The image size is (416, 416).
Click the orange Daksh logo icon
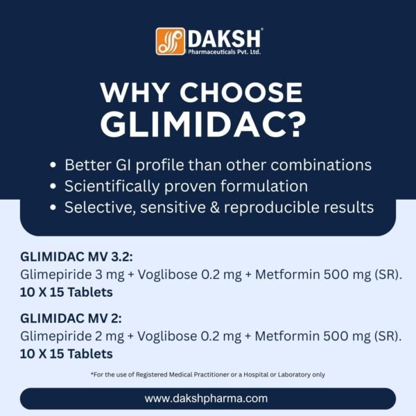pos(171,42)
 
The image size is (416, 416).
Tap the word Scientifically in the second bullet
pos(111,187)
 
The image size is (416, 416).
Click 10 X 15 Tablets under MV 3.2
pos(67,292)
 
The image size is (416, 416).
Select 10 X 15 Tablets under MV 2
pos(67,354)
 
